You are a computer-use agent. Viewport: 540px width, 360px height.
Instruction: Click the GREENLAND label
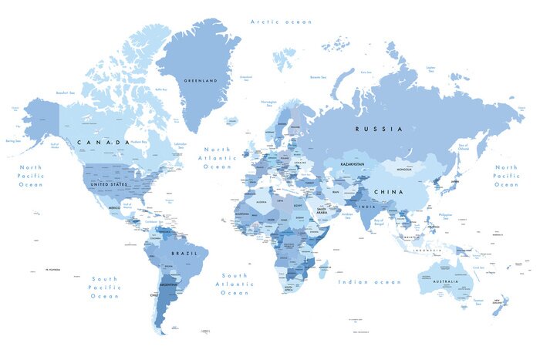[200, 80]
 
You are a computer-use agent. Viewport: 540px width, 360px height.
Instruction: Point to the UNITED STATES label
[109, 185]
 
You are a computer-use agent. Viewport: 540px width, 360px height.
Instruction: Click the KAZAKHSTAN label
[352, 164]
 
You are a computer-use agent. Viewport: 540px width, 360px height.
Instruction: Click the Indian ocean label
[370, 282]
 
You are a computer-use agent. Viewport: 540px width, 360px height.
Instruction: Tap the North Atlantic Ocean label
[217, 157]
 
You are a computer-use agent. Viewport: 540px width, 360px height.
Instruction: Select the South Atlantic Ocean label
[235, 284]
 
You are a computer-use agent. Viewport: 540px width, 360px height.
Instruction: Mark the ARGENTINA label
[167, 285]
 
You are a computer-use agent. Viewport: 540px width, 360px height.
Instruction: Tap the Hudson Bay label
[140, 142]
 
